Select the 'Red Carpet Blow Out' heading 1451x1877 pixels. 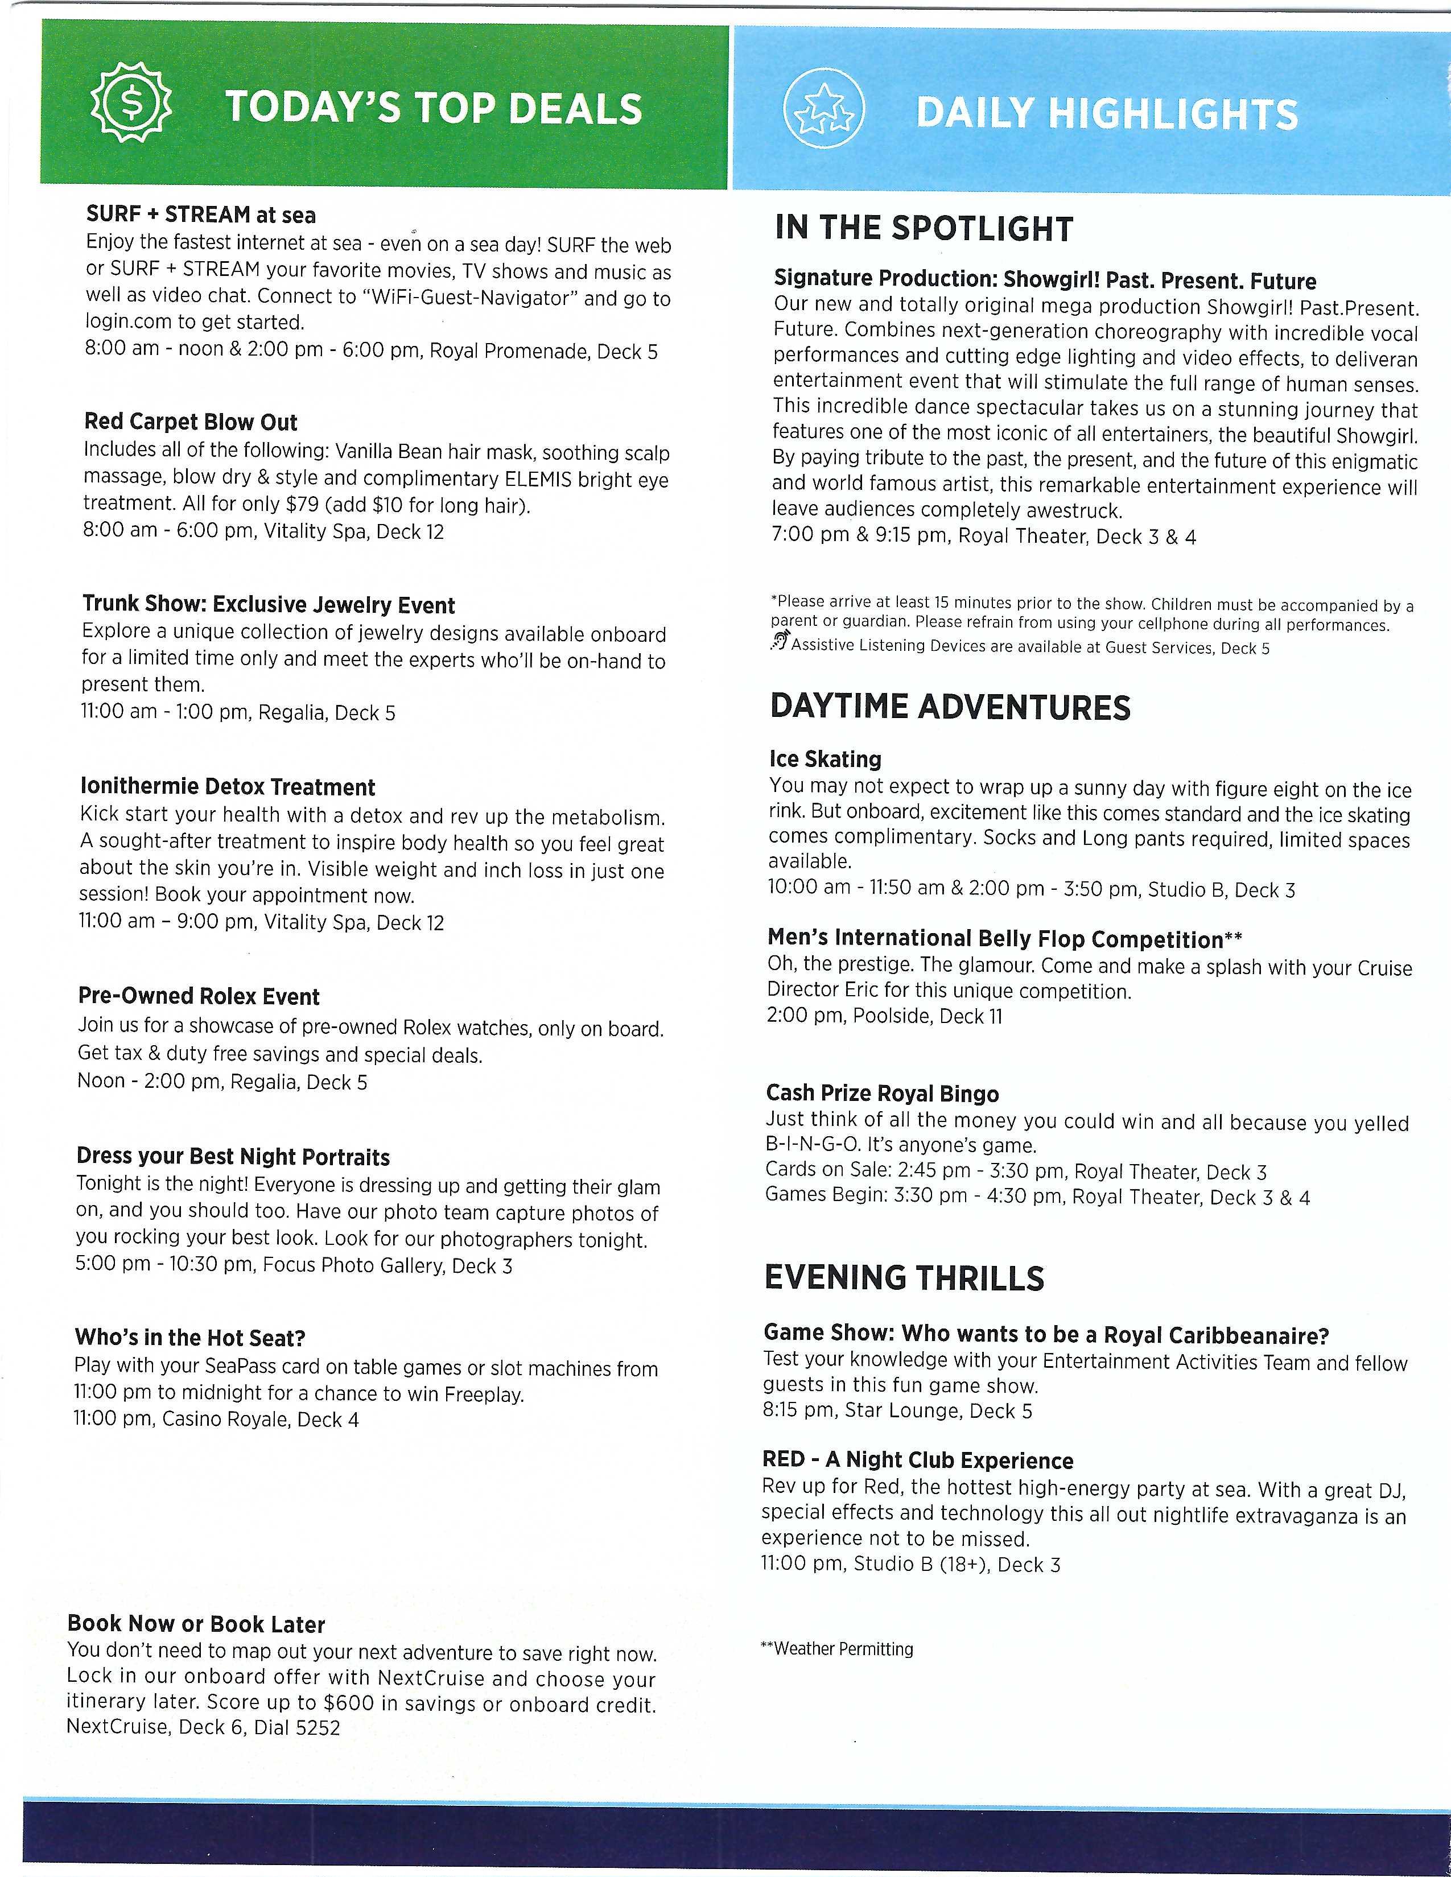point(191,422)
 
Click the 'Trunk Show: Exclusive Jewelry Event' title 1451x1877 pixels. point(268,605)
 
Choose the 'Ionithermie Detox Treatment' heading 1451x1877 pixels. point(227,787)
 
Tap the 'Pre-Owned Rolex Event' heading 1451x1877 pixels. point(199,996)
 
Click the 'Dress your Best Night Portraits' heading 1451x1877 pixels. point(233,1156)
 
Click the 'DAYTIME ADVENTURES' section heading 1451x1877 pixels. point(950,707)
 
